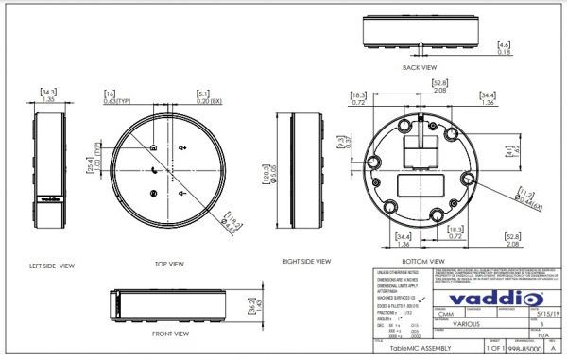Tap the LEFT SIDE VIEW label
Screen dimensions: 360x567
click(52, 266)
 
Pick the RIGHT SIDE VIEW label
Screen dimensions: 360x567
click(306, 261)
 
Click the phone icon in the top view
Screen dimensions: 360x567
click(153, 170)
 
